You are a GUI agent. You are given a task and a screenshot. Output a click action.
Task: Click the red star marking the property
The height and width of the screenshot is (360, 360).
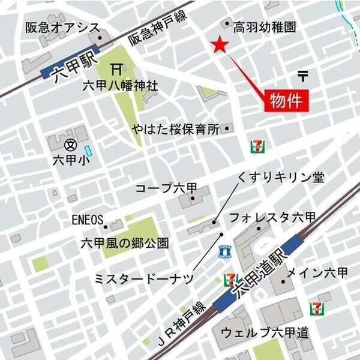(x=220, y=44)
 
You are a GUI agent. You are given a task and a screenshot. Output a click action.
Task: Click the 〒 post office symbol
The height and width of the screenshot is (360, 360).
(x=302, y=76)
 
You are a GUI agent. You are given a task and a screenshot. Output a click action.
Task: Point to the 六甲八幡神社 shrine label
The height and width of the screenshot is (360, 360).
(x=120, y=86)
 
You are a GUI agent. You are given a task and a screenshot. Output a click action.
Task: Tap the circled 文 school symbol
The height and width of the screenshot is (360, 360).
(x=70, y=144)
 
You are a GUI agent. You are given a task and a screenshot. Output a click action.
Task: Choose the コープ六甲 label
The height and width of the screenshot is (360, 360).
(x=166, y=188)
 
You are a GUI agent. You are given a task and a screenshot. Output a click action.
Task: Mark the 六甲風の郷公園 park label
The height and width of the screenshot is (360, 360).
(x=125, y=244)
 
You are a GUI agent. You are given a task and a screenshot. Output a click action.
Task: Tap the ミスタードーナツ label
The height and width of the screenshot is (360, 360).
(x=145, y=278)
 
